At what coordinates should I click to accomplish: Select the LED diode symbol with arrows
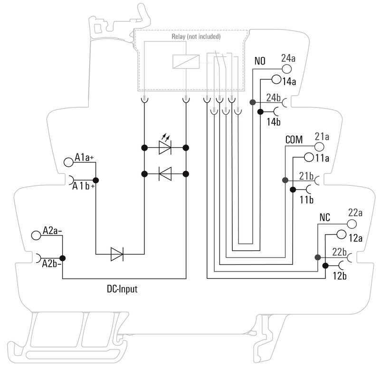pyautogui.click(x=165, y=147)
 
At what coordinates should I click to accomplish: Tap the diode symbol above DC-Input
pyautogui.click(x=117, y=254)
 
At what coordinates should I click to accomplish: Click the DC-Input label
pyautogui.click(x=122, y=289)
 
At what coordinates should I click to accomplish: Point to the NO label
pyautogui.click(x=260, y=62)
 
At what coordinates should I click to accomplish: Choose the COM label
pyautogui.click(x=294, y=140)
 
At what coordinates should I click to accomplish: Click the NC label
pyautogui.click(x=325, y=218)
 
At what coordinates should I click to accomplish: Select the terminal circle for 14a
pyautogui.click(x=276, y=81)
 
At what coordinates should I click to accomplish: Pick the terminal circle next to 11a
pyautogui.click(x=309, y=157)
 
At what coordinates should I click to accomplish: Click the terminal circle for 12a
pyautogui.click(x=341, y=234)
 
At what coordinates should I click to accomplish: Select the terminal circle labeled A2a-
pyautogui.click(x=36, y=235)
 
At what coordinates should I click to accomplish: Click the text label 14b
pyautogui.click(x=274, y=122)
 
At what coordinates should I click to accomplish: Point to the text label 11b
pyautogui.click(x=307, y=199)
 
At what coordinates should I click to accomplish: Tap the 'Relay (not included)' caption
pyautogui.click(x=196, y=36)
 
